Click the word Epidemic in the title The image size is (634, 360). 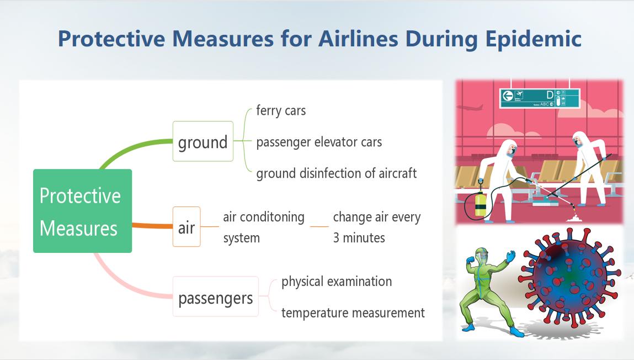533,39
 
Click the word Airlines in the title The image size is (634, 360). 358,39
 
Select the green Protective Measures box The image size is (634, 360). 82,211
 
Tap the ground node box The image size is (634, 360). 203,141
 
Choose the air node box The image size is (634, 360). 187,226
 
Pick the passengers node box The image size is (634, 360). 216,297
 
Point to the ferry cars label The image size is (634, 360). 281,110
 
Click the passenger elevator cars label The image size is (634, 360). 319,142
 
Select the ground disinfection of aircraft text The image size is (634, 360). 337,173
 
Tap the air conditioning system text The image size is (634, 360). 264,227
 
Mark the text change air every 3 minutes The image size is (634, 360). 377,227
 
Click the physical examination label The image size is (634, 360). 337,282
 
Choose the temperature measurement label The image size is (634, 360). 353,313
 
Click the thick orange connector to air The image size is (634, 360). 152,226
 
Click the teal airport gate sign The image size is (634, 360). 540,98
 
